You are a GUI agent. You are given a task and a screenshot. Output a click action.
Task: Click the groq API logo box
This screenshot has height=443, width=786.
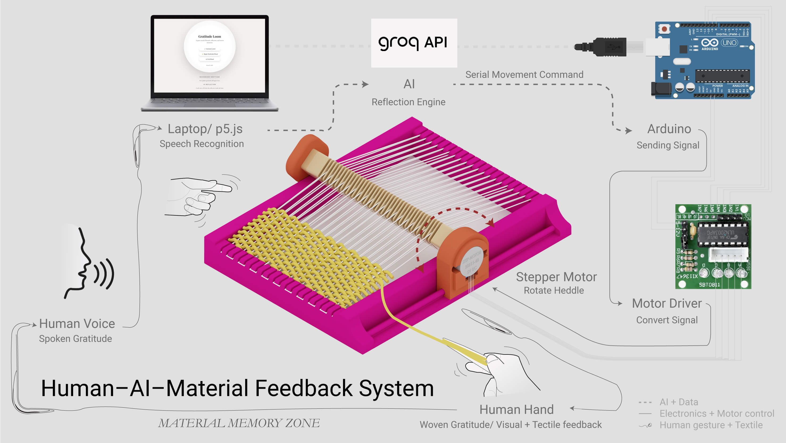(x=414, y=43)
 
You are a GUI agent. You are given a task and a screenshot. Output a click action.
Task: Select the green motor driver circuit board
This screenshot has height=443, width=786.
(x=713, y=246)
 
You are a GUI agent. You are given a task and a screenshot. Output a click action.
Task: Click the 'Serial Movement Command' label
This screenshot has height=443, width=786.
(x=524, y=74)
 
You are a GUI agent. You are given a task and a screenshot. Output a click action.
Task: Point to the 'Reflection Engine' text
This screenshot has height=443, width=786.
(x=408, y=102)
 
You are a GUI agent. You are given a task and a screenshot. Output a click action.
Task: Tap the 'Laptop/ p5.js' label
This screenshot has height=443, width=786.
(x=205, y=129)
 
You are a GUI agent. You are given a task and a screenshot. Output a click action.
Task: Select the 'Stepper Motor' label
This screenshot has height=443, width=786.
(x=556, y=277)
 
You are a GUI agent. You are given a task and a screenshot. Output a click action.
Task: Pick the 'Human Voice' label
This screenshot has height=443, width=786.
(x=77, y=323)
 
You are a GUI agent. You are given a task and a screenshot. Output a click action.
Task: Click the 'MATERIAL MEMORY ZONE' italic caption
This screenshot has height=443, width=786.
(x=239, y=423)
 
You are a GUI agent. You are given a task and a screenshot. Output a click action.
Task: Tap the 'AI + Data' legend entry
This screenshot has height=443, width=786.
(x=679, y=402)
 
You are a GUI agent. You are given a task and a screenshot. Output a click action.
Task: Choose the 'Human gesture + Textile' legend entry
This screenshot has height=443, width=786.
(x=711, y=425)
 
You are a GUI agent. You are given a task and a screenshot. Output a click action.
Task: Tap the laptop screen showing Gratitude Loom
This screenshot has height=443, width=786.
(x=210, y=55)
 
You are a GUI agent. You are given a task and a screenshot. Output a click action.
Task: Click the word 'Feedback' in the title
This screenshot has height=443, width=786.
(x=304, y=388)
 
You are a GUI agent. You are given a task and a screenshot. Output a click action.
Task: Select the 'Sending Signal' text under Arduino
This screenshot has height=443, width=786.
(x=668, y=145)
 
